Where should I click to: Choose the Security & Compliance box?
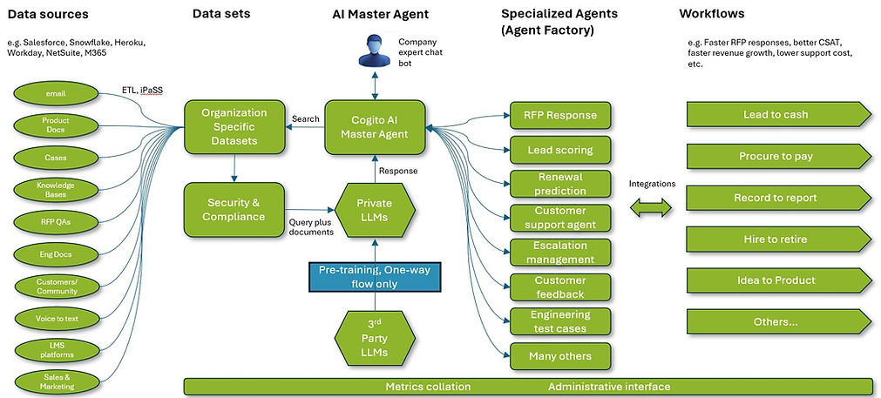pyautogui.click(x=234, y=209)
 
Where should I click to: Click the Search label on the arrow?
pyautogui.click(x=306, y=118)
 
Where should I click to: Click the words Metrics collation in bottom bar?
pyautogui.click(x=428, y=386)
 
